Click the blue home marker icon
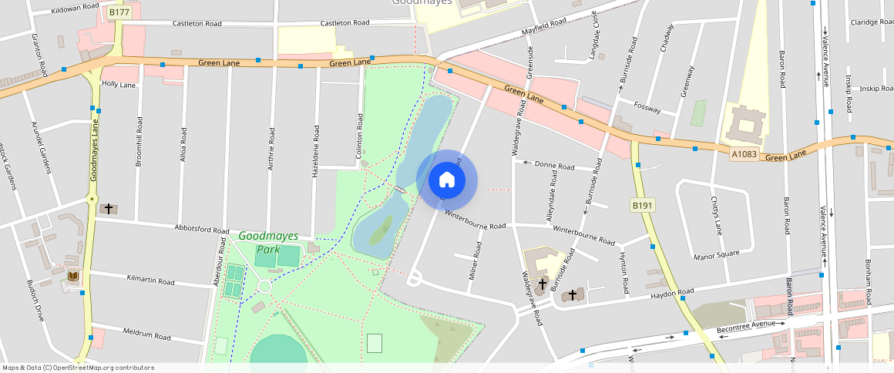point(446,180)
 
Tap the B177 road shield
point(118,12)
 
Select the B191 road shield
point(642,206)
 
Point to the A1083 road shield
point(744,154)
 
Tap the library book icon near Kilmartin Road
point(72,276)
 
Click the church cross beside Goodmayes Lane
point(109,208)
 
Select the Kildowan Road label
point(75,6)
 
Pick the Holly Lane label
point(119,84)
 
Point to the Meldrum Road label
point(146,335)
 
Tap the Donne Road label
point(555,166)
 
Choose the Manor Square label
point(716,253)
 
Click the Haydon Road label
point(672,293)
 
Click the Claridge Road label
point(871,22)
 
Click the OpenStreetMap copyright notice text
point(79,368)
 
